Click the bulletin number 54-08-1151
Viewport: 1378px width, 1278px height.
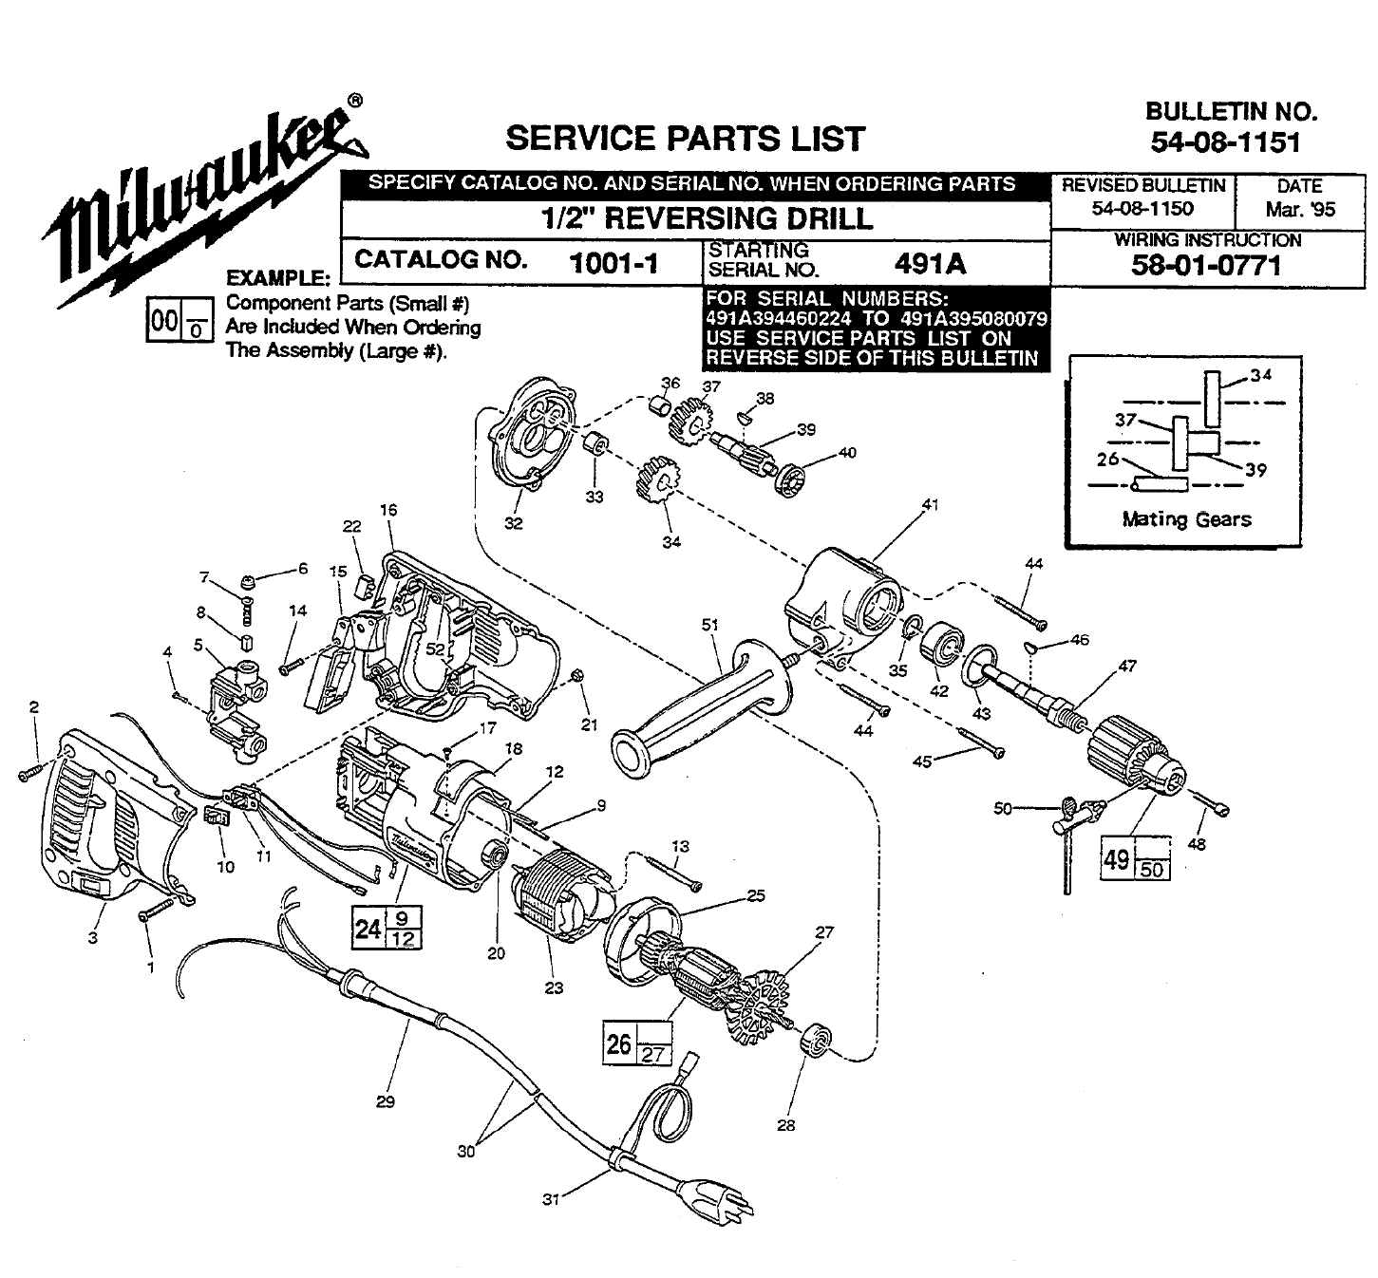pos(1224,142)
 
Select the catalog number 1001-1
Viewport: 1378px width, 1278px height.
pos(613,263)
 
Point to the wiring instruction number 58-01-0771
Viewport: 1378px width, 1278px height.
pos(1206,266)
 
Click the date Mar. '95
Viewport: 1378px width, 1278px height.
pos(1299,209)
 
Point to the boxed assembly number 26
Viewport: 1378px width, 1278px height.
pos(619,1044)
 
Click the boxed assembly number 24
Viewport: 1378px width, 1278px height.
pos(368,927)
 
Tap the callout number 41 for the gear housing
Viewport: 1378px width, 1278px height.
pos(930,505)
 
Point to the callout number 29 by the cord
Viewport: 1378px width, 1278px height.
pos(385,1102)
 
